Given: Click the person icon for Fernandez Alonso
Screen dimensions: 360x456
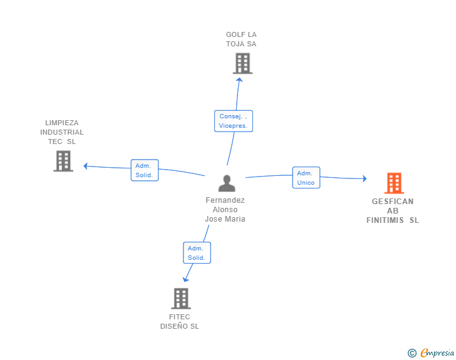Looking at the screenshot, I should (x=226, y=183).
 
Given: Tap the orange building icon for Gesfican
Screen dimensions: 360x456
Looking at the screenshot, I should (x=393, y=183).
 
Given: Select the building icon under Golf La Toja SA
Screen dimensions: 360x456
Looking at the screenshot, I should (x=242, y=63).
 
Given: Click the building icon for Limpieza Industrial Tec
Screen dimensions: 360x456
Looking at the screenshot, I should (x=63, y=161).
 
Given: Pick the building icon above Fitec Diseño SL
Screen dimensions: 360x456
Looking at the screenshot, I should (x=180, y=298).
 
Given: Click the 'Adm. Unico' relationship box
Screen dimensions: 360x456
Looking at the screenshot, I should (x=306, y=178).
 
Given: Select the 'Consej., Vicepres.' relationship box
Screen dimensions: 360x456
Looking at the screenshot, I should (x=233, y=121).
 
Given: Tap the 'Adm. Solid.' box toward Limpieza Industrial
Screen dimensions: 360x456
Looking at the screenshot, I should (x=145, y=170).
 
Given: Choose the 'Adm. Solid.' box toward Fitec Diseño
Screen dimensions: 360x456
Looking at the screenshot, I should (x=197, y=253).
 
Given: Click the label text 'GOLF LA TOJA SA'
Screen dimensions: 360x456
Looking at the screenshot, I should (x=242, y=39).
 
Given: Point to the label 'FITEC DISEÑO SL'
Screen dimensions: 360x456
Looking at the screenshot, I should (x=180, y=321).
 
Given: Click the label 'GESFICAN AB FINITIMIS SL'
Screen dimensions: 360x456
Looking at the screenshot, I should (x=393, y=211).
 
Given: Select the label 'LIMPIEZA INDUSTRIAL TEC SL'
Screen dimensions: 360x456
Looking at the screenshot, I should (x=62, y=132).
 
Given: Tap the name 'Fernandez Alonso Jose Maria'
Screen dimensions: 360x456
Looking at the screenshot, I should (x=225, y=210).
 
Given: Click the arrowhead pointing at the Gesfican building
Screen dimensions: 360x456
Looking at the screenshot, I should (x=364, y=179).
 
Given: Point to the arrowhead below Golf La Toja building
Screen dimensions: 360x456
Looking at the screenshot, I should (x=239, y=80).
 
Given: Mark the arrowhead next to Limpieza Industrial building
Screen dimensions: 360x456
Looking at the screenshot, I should (x=86, y=166).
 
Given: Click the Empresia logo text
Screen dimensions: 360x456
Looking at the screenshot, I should (x=437, y=353).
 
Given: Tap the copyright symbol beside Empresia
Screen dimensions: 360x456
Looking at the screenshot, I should (x=412, y=353).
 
